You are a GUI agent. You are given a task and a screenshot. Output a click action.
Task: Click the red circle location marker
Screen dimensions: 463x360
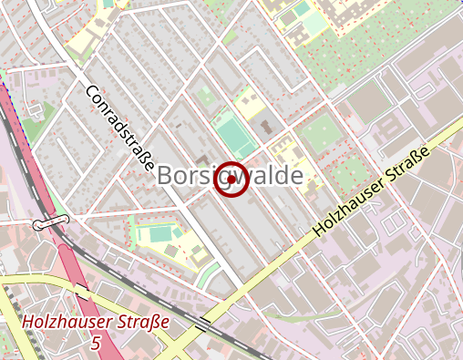(x=231, y=180)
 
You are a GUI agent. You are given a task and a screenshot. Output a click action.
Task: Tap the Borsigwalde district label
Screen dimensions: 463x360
(x=229, y=177)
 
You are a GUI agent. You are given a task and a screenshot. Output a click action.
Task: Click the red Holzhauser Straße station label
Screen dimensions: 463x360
(x=96, y=322)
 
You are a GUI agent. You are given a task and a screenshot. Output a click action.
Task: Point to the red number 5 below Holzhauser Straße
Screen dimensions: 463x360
(x=97, y=343)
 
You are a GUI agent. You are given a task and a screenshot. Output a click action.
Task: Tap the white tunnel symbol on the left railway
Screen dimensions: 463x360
(x=50, y=222)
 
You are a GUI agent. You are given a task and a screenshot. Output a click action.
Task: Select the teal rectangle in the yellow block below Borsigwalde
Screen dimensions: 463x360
(x=159, y=234)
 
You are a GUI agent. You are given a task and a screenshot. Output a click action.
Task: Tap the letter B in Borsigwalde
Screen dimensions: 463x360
(x=166, y=177)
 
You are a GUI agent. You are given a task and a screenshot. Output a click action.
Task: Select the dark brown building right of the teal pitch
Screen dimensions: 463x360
(x=265, y=127)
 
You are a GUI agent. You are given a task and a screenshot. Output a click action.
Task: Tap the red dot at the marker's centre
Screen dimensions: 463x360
(x=231, y=180)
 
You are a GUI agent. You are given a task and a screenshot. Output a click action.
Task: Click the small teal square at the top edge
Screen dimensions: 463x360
(x=108, y=3)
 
